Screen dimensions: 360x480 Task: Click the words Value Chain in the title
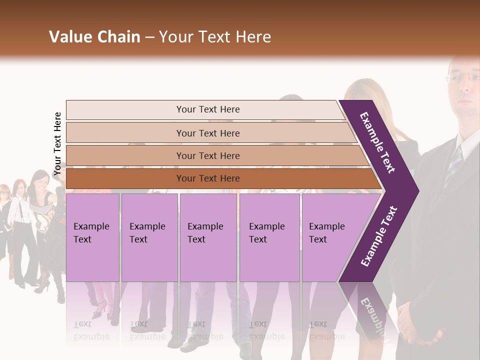tap(94, 37)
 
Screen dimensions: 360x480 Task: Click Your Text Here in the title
tap(215, 37)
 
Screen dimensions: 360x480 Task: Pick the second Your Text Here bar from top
tap(207, 133)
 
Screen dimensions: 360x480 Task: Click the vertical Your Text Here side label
tap(57, 143)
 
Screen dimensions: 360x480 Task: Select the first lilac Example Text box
tap(92, 237)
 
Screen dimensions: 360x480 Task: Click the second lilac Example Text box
tap(149, 237)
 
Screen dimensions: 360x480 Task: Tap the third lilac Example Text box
tap(208, 237)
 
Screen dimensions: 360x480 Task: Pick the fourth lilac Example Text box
tap(269, 237)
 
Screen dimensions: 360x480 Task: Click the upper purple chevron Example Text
tap(377, 142)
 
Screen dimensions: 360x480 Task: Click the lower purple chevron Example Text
tap(379, 236)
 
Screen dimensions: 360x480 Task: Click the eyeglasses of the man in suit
tap(462, 77)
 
